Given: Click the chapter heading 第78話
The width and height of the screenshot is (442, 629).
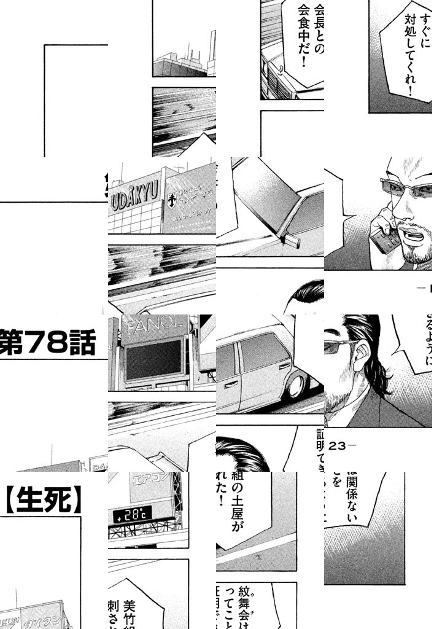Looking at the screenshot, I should point(49,344).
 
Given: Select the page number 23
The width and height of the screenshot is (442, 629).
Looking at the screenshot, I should point(339,447).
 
